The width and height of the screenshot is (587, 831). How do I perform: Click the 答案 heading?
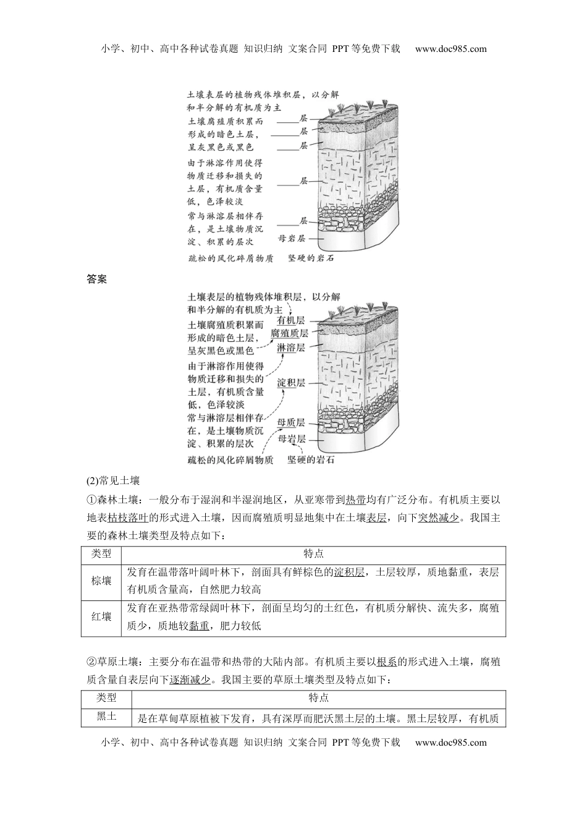point(97,279)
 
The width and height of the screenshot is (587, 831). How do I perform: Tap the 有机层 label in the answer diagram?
point(290,320)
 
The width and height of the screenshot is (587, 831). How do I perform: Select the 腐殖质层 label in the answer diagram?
point(289,333)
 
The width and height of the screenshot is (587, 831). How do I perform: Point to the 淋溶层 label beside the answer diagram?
point(290,347)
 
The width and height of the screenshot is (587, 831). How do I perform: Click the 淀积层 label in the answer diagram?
point(290,383)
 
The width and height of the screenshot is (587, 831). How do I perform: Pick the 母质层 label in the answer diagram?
point(290,422)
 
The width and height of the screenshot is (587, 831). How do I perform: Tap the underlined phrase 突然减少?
point(438,518)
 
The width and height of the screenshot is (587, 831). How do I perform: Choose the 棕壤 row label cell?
point(101,581)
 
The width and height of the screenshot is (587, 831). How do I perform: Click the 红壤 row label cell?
point(101,616)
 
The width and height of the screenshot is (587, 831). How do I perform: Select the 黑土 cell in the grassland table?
point(106,717)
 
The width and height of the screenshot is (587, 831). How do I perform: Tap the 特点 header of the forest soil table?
point(313,554)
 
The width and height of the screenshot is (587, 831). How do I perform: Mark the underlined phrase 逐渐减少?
point(190,680)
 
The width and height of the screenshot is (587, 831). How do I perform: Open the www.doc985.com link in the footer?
point(450,742)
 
